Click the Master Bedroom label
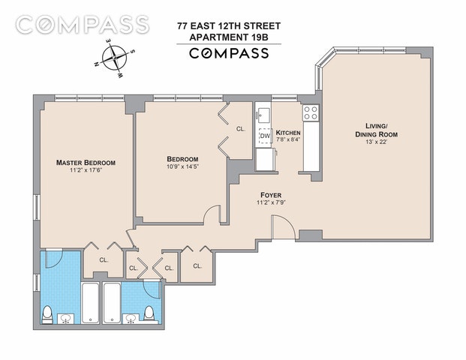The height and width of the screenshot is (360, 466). (86, 163)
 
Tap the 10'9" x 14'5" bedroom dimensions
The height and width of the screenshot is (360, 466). (182, 166)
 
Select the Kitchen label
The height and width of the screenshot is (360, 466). (288, 133)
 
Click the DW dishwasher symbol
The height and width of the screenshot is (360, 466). (265, 136)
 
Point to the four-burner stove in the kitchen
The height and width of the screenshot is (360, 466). (311, 112)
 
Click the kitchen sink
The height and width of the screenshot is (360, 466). (264, 113)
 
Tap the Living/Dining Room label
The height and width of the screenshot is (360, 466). (377, 130)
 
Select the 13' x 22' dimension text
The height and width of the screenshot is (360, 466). (376, 142)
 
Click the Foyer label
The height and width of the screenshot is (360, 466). (271, 195)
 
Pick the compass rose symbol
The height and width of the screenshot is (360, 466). (114, 58)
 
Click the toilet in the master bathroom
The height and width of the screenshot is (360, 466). (47, 314)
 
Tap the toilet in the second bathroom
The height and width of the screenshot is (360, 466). (149, 314)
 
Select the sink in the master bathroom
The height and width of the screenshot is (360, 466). (66, 319)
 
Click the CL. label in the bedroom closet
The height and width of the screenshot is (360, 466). (241, 129)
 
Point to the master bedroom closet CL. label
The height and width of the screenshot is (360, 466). (104, 260)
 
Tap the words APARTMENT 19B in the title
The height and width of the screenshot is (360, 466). (229, 37)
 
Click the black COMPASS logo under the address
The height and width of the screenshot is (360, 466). (229, 53)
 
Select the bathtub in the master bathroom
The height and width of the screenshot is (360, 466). (90, 303)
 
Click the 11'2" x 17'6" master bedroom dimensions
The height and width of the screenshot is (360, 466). (86, 170)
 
